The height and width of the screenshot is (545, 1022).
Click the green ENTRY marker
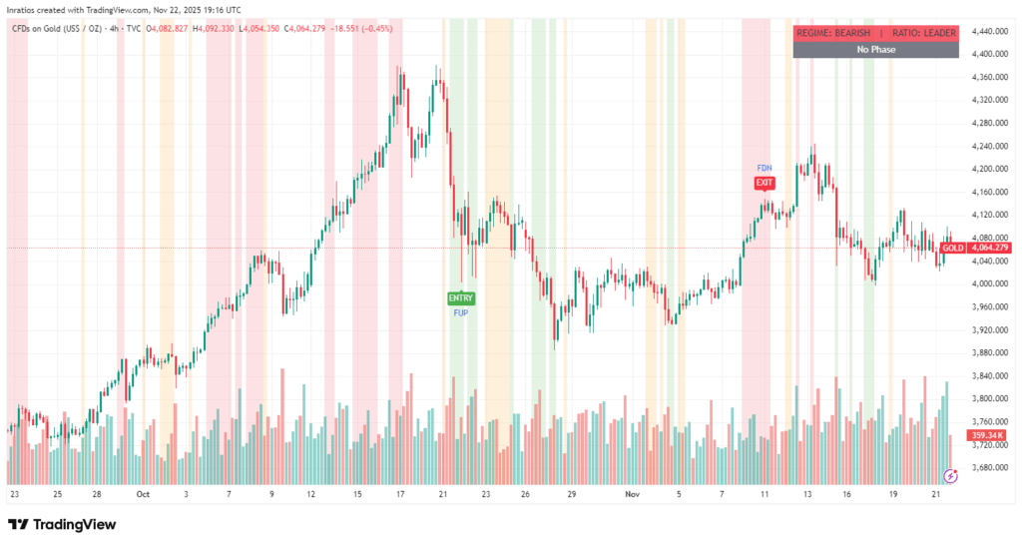(x=461, y=297)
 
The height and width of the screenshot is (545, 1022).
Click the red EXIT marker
(x=765, y=183)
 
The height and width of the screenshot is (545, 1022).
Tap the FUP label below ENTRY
(x=461, y=312)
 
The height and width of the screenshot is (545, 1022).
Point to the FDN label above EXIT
(x=765, y=168)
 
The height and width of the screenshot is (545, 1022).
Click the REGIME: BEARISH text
(x=832, y=33)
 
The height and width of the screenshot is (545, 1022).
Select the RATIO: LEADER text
(x=924, y=33)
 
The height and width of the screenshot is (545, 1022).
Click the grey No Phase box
(x=875, y=49)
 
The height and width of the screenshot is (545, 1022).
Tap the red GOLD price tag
(x=953, y=248)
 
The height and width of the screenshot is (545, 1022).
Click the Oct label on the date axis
(x=142, y=493)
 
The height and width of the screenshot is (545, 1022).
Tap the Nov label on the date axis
(x=630, y=493)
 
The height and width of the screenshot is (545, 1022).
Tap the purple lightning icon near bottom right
(x=950, y=476)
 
